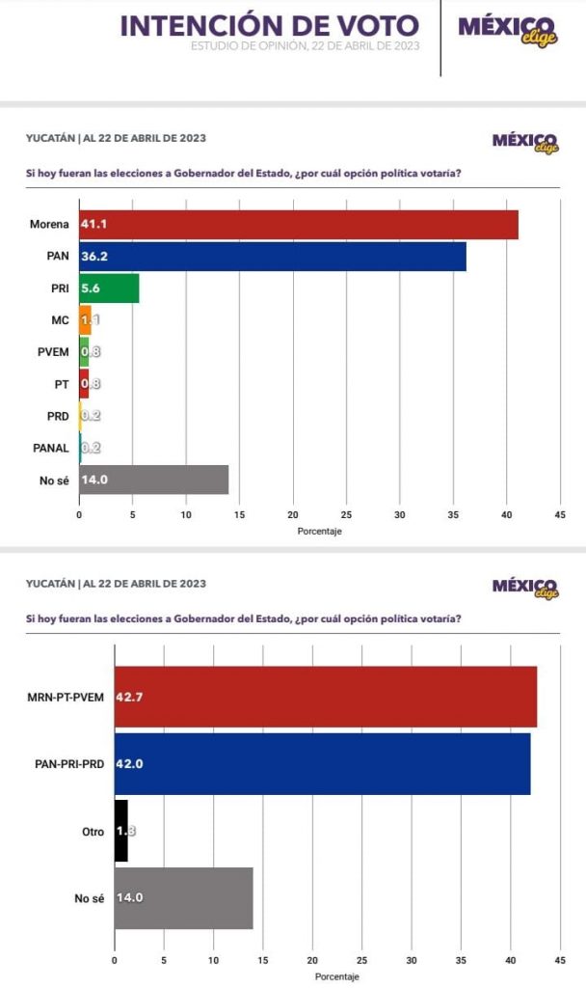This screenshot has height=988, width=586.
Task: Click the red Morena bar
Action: pyautogui.click(x=299, y=225)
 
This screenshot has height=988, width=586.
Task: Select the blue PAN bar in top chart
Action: pyautogui.click(x=273, y=257)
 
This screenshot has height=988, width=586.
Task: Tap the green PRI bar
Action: pyautogui.click(x=109, y=288)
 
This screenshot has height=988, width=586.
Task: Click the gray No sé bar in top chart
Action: pyautogui.click(x=154, y=480)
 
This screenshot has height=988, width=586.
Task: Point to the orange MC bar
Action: pyautogui.click(x=85, y=319)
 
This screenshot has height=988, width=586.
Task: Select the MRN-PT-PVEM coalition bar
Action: pyautogui.click(x=325, y=697)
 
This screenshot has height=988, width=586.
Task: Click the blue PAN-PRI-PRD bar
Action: pyautogui.click(x=322, y=764)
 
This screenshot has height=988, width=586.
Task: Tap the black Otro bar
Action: pyautogui.click(x=120, y=831)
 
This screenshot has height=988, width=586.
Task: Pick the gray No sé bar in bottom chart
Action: pyautogui.click(x=183, y=897)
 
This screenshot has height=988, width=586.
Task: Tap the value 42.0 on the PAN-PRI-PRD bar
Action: pyautogui.click(x=129, y=764)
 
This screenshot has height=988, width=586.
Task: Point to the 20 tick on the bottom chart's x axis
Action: pyautogui.click(x=312, y=961)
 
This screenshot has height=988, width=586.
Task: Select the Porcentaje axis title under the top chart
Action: pyautogui.click(x=320, y=532)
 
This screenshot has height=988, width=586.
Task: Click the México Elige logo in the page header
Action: pyautogui.click(x=520, y=31)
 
